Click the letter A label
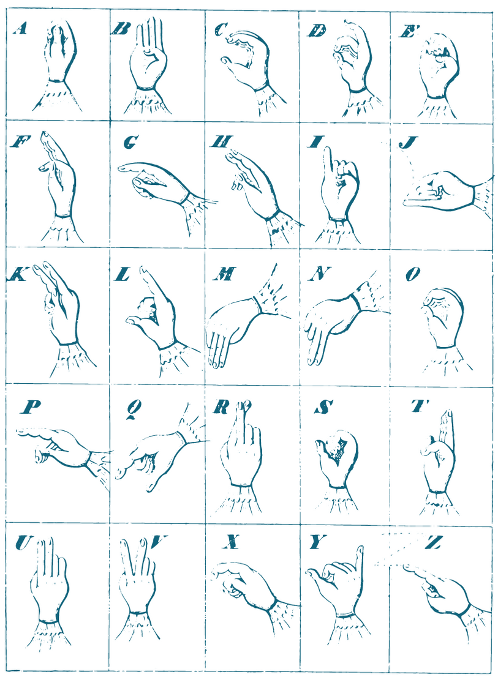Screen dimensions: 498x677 pos(20,29)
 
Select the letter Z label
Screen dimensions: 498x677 pos(433,542)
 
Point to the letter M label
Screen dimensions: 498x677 pos(225,274)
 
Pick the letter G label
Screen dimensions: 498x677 pos(131,141)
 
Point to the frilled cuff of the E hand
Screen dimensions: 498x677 pos(437,108)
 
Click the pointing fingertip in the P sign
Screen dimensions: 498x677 pos(21,431)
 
